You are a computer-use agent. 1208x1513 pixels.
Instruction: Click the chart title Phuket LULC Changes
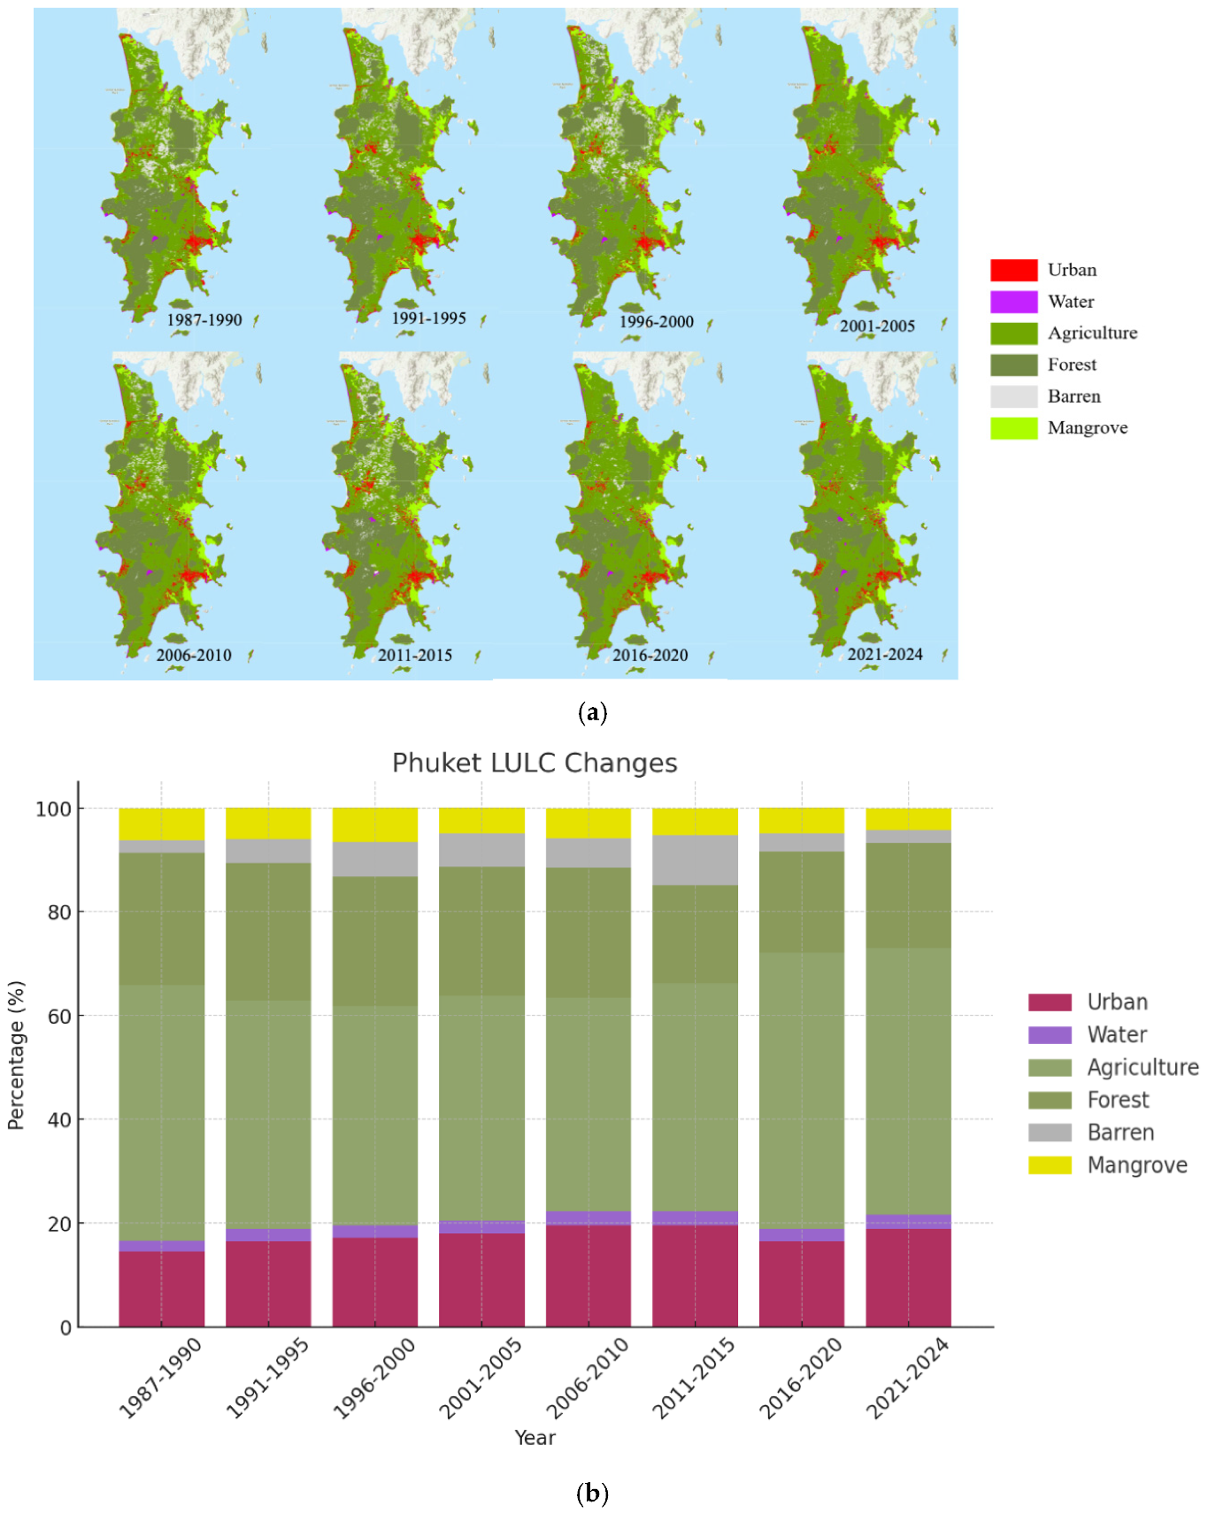pyautogui.click(x=535, y=763)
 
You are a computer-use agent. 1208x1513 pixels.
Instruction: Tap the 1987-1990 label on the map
pyautogui.click(x=204, y=319)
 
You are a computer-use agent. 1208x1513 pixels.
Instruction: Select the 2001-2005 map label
pyautogui.click(x=877, y=326)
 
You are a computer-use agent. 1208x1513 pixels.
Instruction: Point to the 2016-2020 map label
pyautogui.click(x=650, y=655)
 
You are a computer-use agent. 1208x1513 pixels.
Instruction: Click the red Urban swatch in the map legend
pyautogui.click(x=1013, y=270)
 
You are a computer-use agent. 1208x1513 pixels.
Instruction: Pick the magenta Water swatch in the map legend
pyautogui.click(x=1013, y=302)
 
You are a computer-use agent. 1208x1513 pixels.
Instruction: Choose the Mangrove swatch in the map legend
pyautogui.click(x=1013, y=428)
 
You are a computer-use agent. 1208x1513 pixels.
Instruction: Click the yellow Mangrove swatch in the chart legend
pyautogui.click(x=1050, y=1165)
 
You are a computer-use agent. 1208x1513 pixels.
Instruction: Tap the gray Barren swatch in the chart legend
pyautogui.click(x=1050, y=1133)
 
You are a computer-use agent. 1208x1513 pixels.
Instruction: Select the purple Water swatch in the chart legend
pyautogui.click(x=1050, y=1034)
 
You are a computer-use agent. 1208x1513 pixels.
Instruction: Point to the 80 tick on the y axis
pyautogui.click(x=59, y=912)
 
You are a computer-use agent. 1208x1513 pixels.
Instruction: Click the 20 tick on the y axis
pyautogui.click(x=59, y=1224)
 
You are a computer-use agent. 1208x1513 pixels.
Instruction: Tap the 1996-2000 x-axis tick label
pyautogui.click(x=375, y=1378)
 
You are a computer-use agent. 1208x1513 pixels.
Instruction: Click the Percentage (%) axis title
pyautogui.click(x=16, y=1055)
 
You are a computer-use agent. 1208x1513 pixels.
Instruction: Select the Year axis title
pyautogui.click(x=535, y=1438)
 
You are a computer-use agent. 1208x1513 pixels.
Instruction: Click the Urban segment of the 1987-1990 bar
pyautogui.click(x=162, y=1288)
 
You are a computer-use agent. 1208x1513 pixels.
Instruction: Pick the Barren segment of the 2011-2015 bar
pyautogui.click(x=696, y=860)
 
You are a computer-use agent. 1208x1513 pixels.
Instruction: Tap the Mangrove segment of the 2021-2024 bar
pyautogui.click(x=909, y=818)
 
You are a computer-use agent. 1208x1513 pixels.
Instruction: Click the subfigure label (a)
pyautogui.click(x=592, y=713)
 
